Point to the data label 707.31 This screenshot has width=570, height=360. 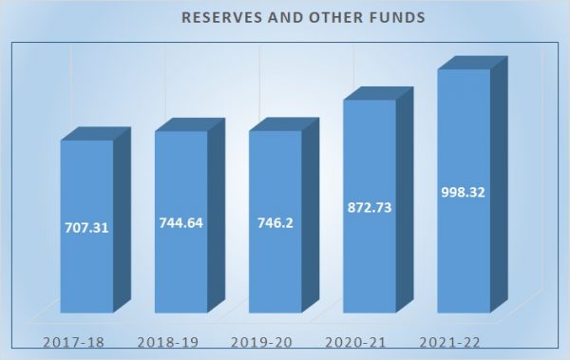86,228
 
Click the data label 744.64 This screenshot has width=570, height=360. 180,223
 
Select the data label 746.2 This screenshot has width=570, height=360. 275,223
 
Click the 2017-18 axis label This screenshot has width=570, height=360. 73,342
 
